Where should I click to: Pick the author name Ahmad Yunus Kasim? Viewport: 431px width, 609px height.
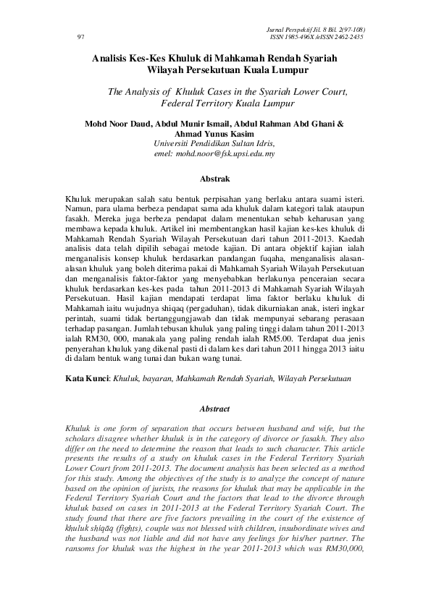214,134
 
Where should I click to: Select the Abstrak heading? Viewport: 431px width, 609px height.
215,178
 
